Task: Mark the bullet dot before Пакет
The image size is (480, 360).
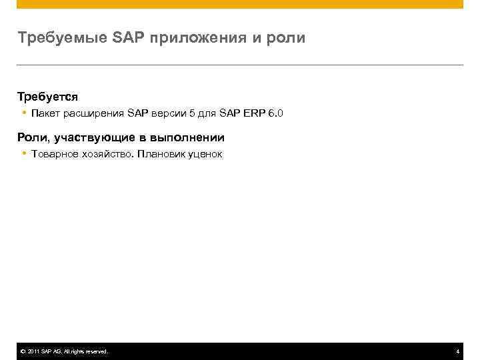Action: pyautogui.click(x=23, y=113)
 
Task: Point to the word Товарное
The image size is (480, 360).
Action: pyautogui.click(x=51, y=154)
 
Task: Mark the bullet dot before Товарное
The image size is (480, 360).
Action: pyautogui.click(x=23, y=154)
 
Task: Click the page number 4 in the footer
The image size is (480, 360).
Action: pyautogui.click(x=457, y=351)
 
